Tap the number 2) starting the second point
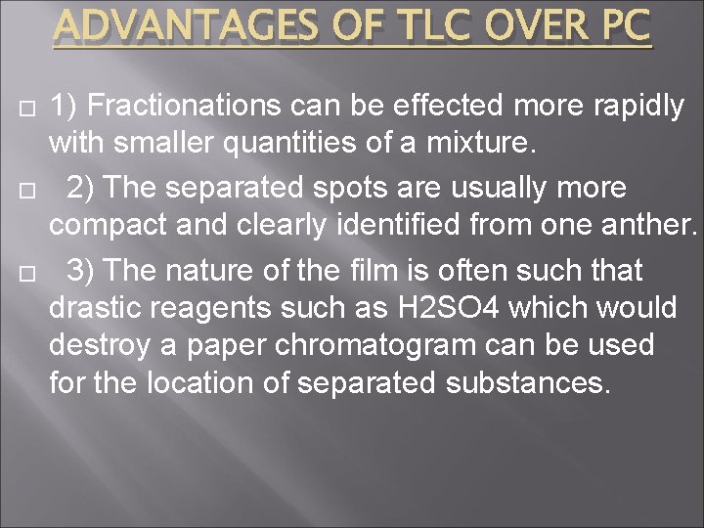pyautogui.click(x=81, y=187)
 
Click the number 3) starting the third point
pyautogui.click(x=81, y=269)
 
